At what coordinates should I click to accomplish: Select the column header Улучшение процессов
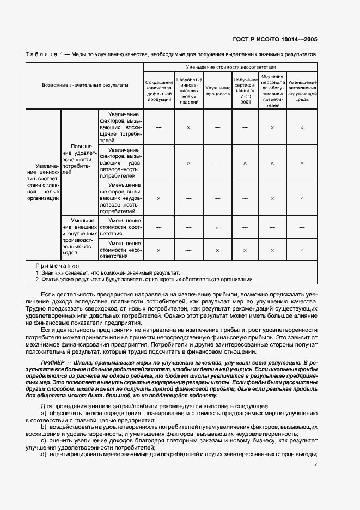click(x=217, y=90)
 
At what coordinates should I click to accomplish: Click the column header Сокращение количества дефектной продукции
click(x=158, y=90)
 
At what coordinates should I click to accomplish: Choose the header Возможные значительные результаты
click(x=85, y=86)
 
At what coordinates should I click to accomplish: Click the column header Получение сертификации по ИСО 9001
click(x=245, y=90)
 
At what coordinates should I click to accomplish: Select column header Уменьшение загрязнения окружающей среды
click(x=302, y=90)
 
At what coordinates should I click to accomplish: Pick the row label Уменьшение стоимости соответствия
click(x=120, y=227)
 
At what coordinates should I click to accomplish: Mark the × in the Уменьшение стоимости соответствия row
click(x=217, y=227)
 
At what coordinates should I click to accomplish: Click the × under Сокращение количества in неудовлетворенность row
click(x=158, y=198)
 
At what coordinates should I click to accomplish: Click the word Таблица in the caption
click(x=40, y=54)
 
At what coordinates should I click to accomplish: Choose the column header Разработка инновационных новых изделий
click(x=188, y=90)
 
